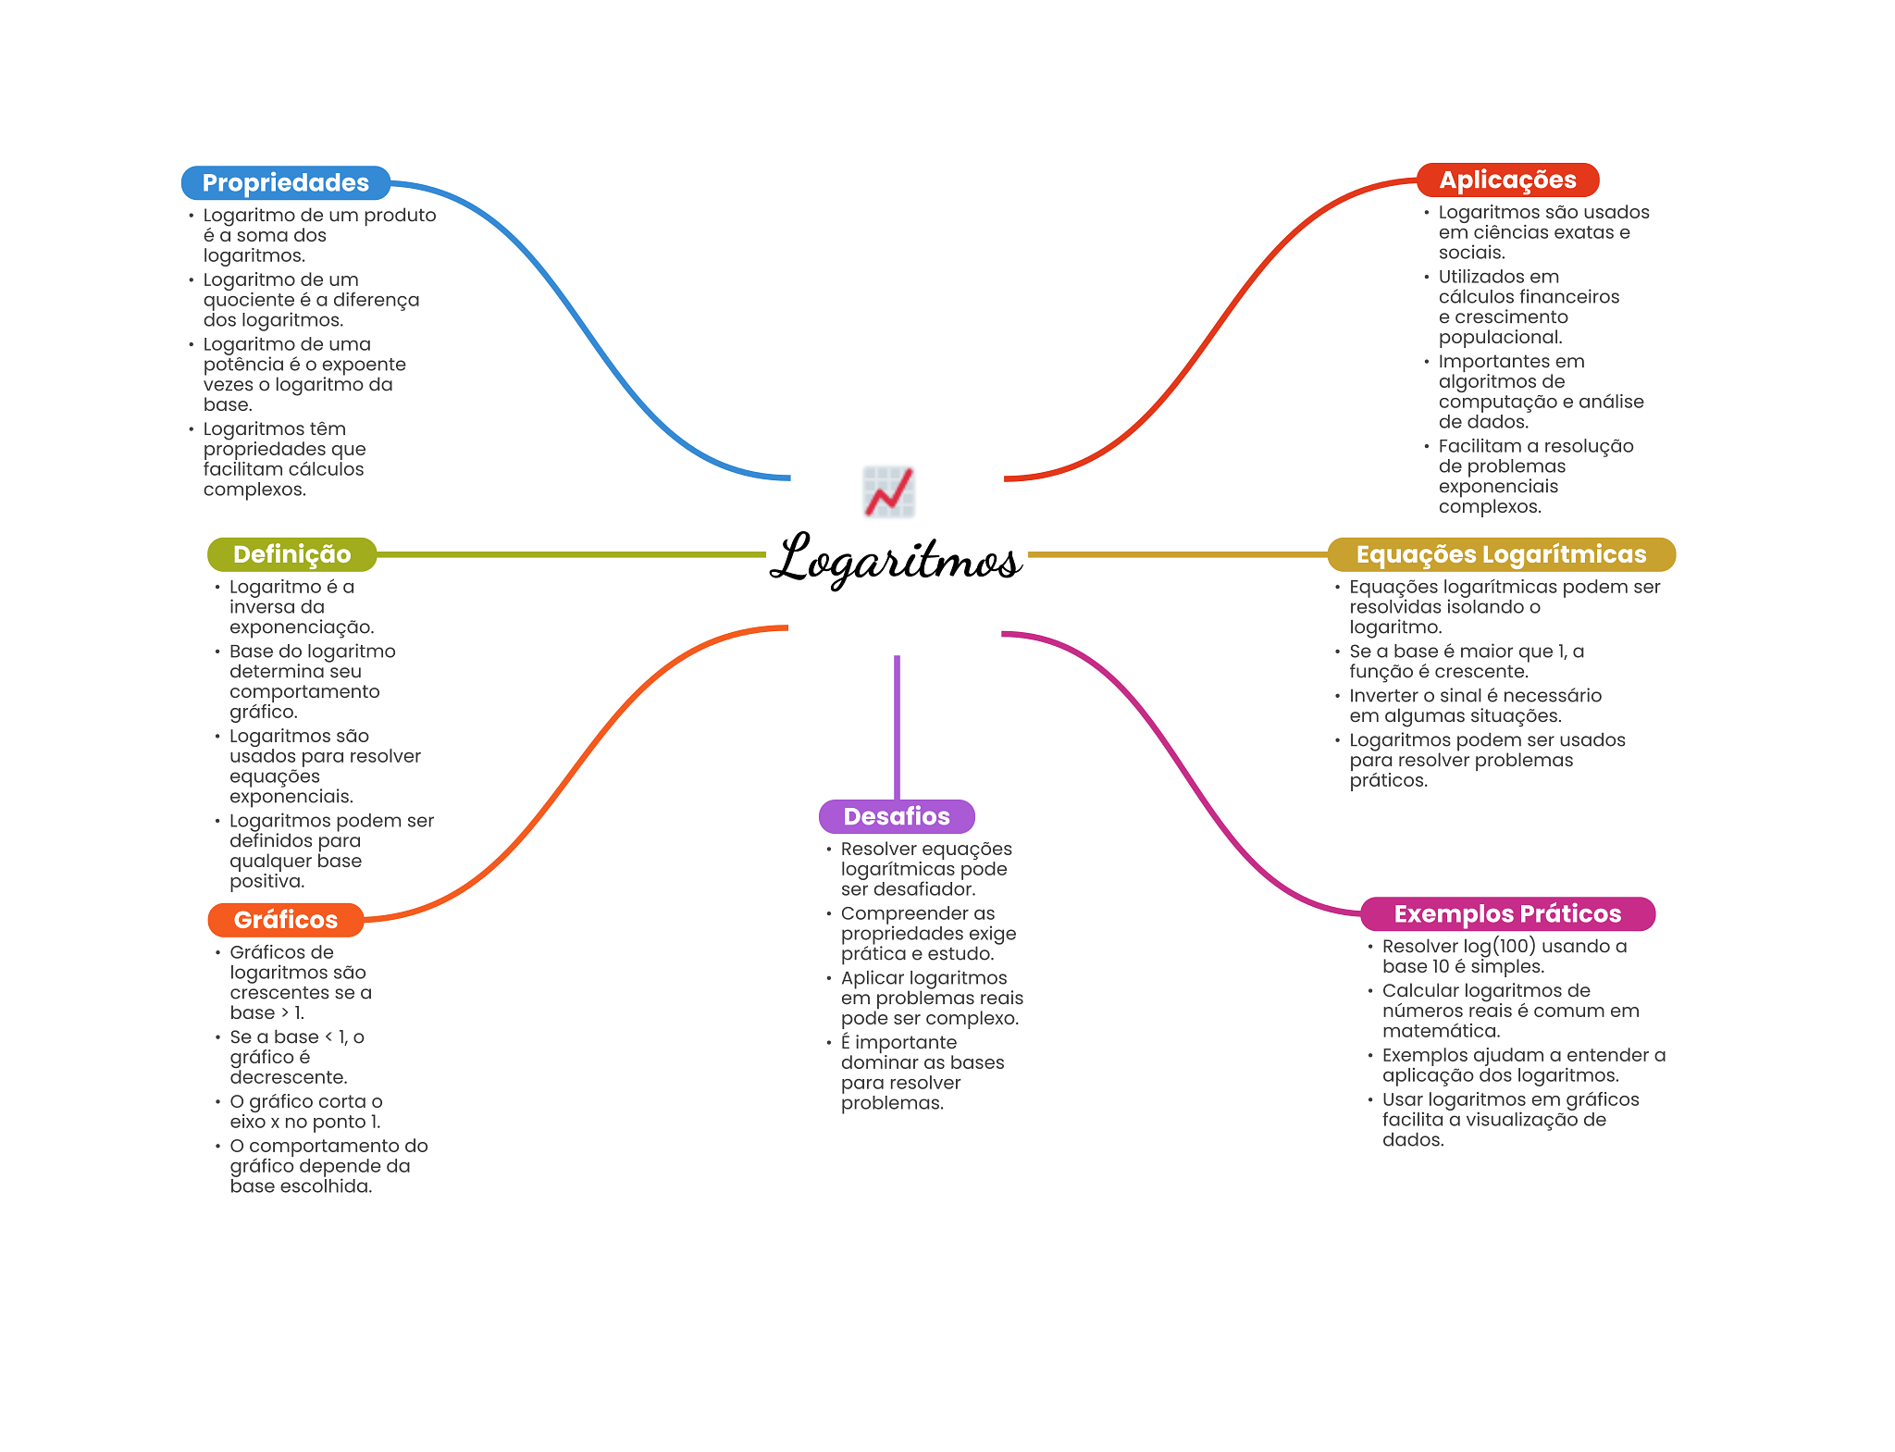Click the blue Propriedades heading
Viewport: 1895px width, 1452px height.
[285, 182]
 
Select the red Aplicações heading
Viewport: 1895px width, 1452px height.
[1507, 180]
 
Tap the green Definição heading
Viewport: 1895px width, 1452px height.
[291, 554]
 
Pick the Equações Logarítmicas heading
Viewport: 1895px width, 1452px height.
[1501, 554]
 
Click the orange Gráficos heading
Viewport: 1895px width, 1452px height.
[285, 920]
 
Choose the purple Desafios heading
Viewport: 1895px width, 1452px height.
[897, 816]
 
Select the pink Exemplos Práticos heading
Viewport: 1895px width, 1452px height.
[1507, 913]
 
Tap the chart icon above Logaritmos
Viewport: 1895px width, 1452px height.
[889, 491]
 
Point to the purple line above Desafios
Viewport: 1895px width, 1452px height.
[897, 726]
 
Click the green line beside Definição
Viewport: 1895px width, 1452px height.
[570, 554]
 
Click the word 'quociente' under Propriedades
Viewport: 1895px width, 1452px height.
[248, 300]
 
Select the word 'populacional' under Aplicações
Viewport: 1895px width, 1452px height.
[1499, 338]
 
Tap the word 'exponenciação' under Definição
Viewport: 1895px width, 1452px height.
[301, 627]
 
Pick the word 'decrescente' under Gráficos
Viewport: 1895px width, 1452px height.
[288, 1077]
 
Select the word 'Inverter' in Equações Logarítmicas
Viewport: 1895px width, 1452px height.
[1383, 696]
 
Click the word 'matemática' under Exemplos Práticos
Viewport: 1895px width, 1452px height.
[1441, 1031]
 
